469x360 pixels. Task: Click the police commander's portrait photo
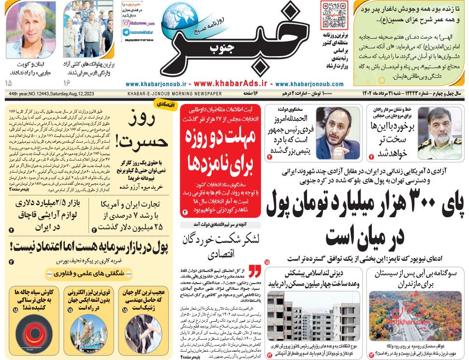[439, 133]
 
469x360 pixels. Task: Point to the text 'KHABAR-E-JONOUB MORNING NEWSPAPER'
[175, 93]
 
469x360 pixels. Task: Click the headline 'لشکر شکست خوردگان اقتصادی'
[220, 245]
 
